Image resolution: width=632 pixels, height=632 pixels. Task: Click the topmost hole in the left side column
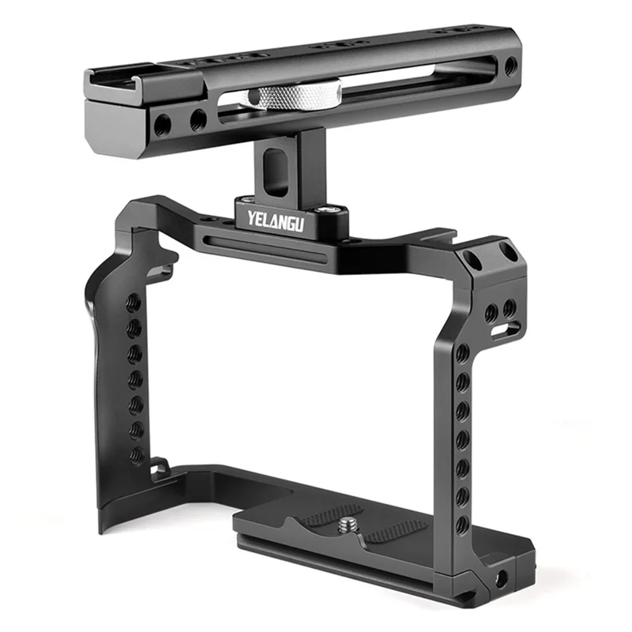click(135, 303)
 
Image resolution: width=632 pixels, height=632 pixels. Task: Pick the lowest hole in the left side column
click(137, 454)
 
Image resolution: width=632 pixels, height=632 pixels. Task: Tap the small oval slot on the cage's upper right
click(499, 330)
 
